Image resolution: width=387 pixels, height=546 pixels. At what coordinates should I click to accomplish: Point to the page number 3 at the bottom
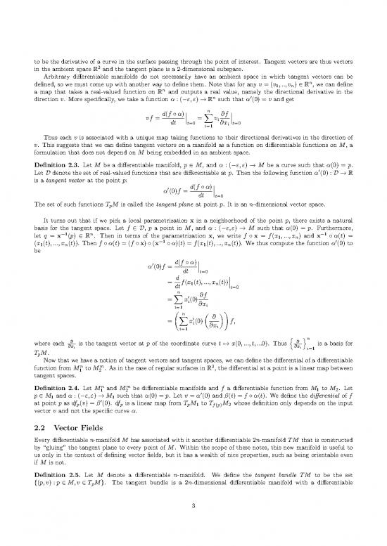[193, 531]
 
